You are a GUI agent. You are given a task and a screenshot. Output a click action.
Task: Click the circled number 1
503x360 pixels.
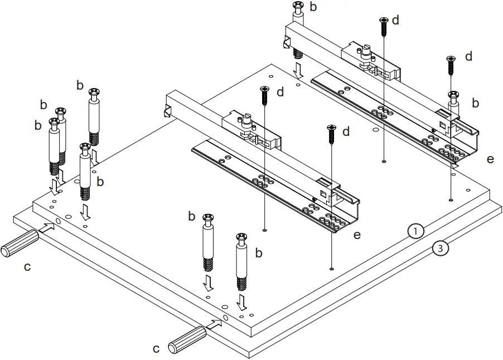416,230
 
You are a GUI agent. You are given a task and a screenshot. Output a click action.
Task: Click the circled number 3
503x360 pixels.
440,249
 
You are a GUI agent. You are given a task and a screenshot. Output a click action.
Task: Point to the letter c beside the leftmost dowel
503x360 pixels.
27,267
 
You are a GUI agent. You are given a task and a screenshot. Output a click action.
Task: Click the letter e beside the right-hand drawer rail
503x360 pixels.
490,159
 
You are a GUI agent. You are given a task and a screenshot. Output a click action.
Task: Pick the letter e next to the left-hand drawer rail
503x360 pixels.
357,235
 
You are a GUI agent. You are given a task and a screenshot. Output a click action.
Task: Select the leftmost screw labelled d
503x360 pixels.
264,95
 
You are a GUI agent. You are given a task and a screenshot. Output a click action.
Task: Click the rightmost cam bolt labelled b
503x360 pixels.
454,101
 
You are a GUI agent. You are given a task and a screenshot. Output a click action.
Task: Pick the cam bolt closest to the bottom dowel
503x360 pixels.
242,261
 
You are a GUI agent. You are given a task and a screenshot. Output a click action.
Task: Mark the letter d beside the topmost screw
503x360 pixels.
395,20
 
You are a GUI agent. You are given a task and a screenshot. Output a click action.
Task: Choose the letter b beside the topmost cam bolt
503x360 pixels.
313,7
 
